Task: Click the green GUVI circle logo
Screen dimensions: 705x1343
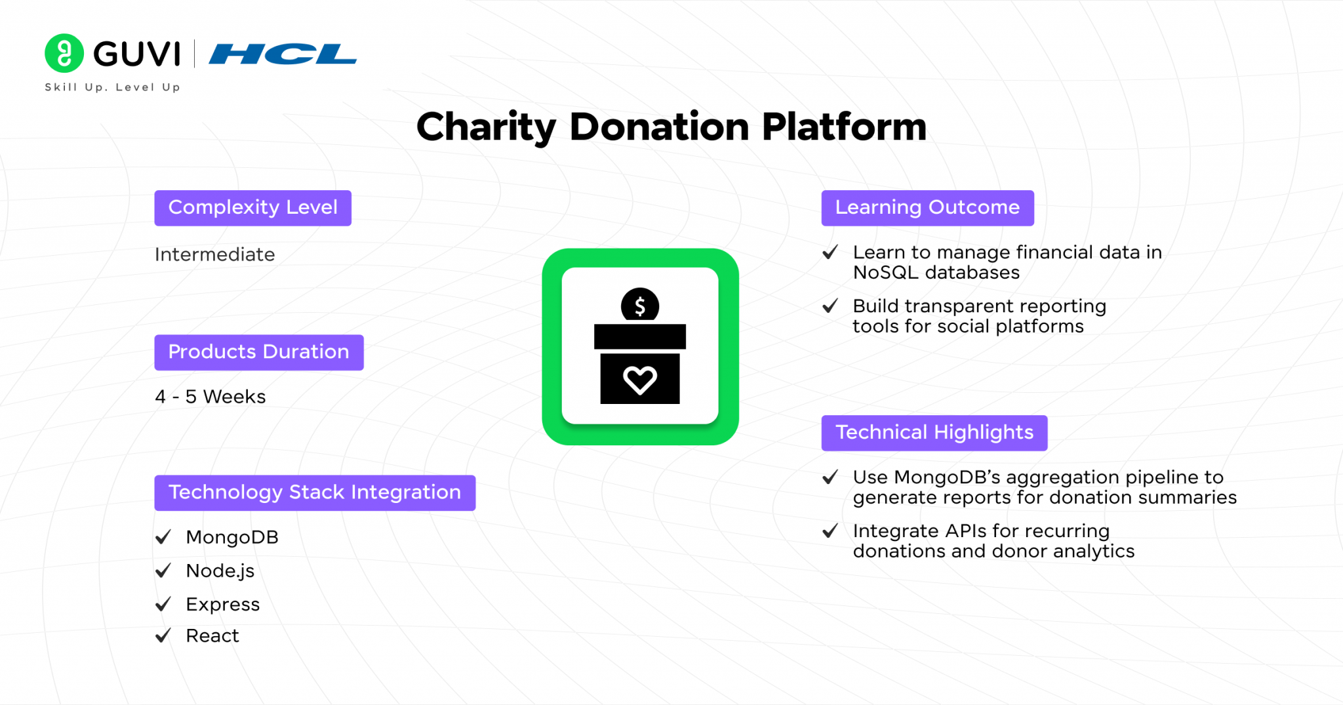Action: [x=64, y=53]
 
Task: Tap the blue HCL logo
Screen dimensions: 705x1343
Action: [x=283, y=54]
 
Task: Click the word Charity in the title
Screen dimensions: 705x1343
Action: [x=486, y=127]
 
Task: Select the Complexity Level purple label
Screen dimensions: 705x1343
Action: [x=252, y=208]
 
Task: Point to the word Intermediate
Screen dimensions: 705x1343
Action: [x=214, y=254]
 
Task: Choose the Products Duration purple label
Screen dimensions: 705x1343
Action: [x=258, y=352]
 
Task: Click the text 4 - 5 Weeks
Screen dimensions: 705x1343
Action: [x=210, y=397]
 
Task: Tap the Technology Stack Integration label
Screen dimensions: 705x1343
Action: [x=315, y=493]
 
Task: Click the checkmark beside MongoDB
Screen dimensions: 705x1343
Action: [x=163, y=537]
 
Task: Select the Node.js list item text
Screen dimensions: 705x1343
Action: [x=220, y=571]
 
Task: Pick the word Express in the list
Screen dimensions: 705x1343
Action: [x=222, y=605]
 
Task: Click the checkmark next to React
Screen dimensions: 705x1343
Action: [x=163, y=635]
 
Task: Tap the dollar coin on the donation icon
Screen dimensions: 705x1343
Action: [x=640, y=305]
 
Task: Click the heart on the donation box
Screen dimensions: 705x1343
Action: [x=640, y=380]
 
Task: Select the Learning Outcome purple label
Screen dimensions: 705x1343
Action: [x=927, y=208]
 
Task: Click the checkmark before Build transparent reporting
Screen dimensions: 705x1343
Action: [x=830, y=306]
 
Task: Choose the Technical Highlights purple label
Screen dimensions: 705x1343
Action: [x=934, y=433]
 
